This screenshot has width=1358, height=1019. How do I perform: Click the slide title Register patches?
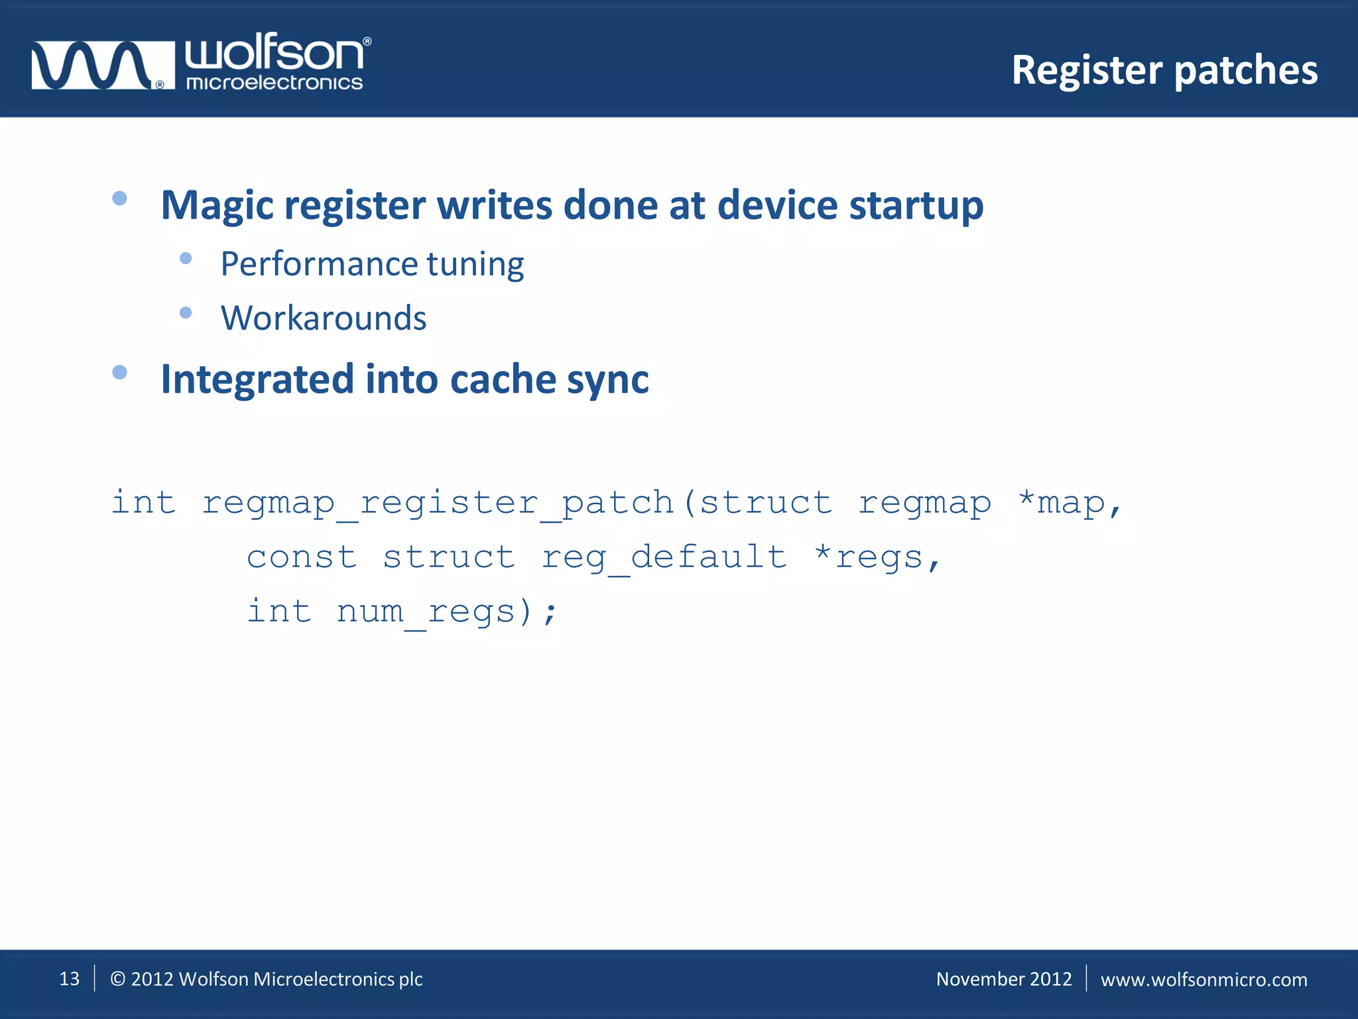point(1164,70)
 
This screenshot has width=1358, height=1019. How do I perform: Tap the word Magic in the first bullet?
point(217,206)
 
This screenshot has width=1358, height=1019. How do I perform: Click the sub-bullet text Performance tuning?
point(372,264)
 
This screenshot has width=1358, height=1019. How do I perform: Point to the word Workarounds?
point(324,318)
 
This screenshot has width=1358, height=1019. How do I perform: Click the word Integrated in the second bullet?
point(257,379)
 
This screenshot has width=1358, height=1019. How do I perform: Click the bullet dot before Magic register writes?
point(119,198)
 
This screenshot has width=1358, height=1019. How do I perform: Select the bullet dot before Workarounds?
point(186,312)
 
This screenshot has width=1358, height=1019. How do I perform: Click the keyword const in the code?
point(302,557)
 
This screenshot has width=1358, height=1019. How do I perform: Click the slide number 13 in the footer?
point(69,979)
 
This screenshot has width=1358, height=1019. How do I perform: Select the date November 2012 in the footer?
point(1003,979)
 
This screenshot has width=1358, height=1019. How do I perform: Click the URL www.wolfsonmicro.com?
point(1204,980)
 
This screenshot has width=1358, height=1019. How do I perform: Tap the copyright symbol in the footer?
point(117,979)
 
